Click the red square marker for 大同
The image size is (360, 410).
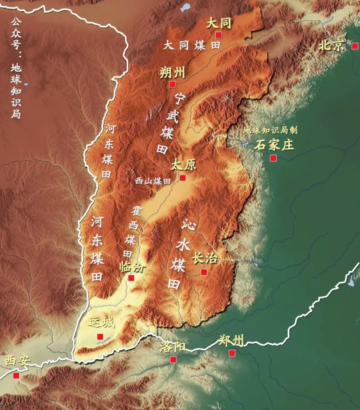click(218, 35)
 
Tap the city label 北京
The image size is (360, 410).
click(332, 45)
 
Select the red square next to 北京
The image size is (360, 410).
click(355, 46)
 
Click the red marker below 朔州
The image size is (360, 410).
click(172, 84)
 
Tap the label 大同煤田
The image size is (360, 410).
click(192, 45)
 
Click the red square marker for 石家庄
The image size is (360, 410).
click(273, 158)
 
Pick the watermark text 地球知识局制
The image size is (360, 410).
click(270, 130)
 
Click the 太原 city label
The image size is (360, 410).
click(183, 165)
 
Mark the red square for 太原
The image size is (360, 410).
click(182, 178)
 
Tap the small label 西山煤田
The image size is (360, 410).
click(153, 181)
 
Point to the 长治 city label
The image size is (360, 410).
click(205, 258)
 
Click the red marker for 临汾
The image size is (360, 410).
click(131, 278)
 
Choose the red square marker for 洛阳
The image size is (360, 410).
click(173, 360)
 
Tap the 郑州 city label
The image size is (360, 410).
click(232, 340)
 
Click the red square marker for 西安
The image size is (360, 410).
click(16, 376)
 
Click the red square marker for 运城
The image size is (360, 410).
click(100, 336)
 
